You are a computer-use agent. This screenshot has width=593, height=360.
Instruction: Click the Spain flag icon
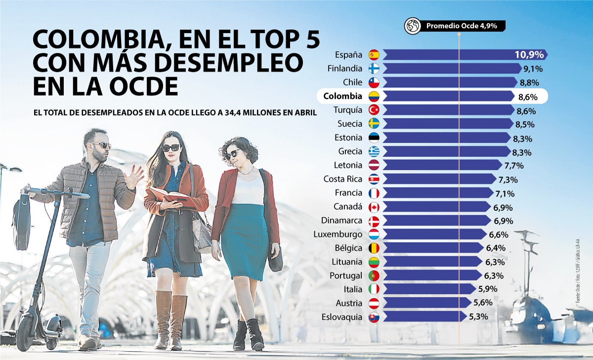coord(374,55)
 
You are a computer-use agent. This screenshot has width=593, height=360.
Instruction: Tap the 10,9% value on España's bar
coord(529,55)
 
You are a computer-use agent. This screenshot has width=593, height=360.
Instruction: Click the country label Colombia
coord(342,96)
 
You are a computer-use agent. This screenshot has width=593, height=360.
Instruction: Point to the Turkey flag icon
coord(374,110)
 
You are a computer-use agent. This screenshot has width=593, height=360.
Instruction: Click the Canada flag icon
coord(374,206)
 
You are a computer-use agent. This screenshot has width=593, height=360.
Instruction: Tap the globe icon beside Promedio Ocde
coord(413,26)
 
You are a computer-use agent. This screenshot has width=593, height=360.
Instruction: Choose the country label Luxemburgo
coord(338,234)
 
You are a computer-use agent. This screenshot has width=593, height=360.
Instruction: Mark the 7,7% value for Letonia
coord(513,165)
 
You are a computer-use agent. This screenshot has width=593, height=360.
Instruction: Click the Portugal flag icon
coord(374,276)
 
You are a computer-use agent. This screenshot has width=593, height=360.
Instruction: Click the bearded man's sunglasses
coord(101,145)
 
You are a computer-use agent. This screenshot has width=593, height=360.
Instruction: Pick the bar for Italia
coord(425,289)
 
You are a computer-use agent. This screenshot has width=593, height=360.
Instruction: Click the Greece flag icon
coord(374,152)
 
